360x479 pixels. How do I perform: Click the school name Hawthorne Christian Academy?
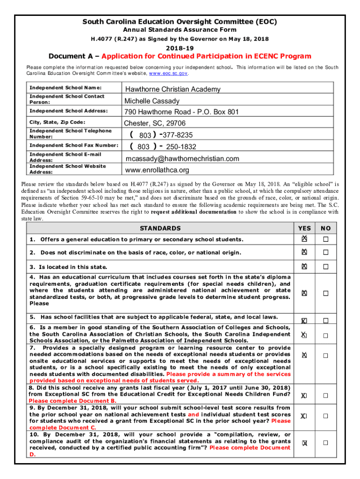(x=172, y=89)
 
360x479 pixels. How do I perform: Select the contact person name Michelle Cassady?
(x=151, y=101)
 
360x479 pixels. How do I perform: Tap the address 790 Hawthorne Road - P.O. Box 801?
(x=181, y=112)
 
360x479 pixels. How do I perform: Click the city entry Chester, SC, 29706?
(x=155, y=123)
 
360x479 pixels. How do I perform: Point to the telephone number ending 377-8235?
(x=161, y=135)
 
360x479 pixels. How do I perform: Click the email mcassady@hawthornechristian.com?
(x=182, y=158)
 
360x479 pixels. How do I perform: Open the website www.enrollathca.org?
(x=157, y=170)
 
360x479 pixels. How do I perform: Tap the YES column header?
(x=304, y=228)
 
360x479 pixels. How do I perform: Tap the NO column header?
(x=325, y=228)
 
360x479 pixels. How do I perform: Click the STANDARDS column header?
(x=160, y=228)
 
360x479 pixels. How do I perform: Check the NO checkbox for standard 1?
(x=325, y=239)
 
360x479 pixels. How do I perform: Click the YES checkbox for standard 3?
(x=304, y=266)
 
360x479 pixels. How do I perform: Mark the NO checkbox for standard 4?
(x=325, y=293)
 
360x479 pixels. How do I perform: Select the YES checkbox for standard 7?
(x=304, y=356)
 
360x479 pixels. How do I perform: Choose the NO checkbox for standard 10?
(x=325, y=443)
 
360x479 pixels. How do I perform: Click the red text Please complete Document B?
(x=72, y=401)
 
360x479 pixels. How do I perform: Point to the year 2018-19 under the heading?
(x=180, y=47)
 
